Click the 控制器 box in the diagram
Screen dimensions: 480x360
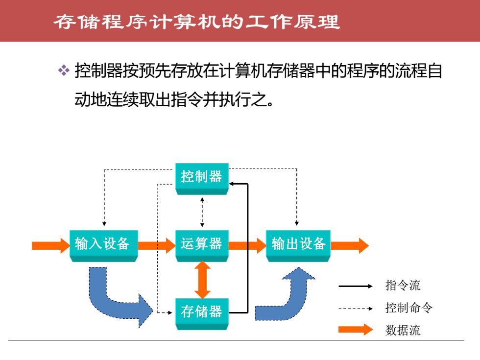point(202,179)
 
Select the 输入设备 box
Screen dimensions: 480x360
point(104,246)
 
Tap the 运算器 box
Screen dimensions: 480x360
point(202,246)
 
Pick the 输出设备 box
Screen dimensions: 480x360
point(298,246)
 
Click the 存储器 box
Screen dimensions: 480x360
point(202,313)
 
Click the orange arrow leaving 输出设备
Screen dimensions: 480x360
point(350,245)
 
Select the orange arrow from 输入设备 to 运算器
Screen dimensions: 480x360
point(157,245)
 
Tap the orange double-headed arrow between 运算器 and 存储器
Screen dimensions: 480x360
point(202,280)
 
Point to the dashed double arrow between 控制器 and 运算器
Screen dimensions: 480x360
point(202,213)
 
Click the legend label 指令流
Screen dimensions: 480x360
point(403,285)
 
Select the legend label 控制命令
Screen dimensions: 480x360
point(408,308)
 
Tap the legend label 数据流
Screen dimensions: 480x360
point(403,330)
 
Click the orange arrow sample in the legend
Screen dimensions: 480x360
point(356,329)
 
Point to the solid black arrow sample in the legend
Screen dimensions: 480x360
point(356,286)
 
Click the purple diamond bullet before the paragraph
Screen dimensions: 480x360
point(64,70)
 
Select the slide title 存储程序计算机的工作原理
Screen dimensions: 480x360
point(197,22)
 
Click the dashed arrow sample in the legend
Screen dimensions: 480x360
point(356,309)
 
